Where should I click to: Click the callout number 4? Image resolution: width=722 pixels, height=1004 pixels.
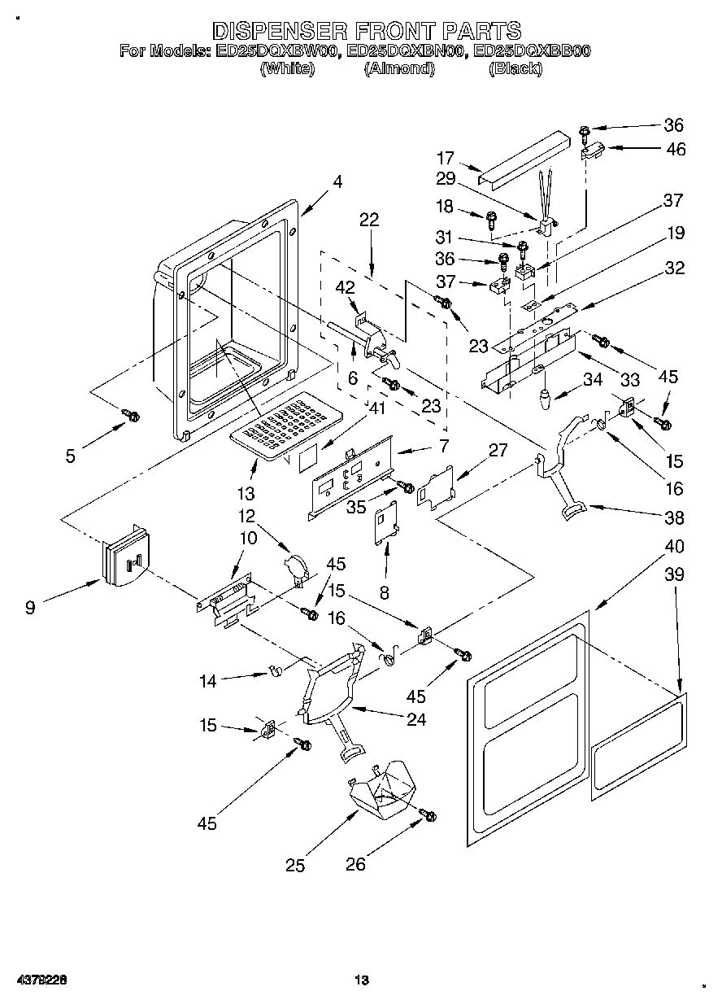click(x=337, y=182)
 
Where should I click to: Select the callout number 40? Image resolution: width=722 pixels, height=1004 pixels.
click(x=674, y=546)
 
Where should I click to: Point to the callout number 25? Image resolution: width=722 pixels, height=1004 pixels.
click(x=295, y=866)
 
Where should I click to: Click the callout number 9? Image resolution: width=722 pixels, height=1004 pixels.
click(x=30, y=607)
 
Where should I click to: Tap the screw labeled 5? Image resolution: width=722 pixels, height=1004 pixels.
click(x=130, y=416)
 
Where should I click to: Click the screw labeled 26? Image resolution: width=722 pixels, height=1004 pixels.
click(x=428, y=814)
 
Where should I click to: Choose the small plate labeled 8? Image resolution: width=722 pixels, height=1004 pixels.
click(x=385, y=519)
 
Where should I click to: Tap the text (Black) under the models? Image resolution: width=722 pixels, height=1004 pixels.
click(x=515, y=69)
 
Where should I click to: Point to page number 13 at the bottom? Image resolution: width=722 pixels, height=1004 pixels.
click(x=362, y=980)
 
